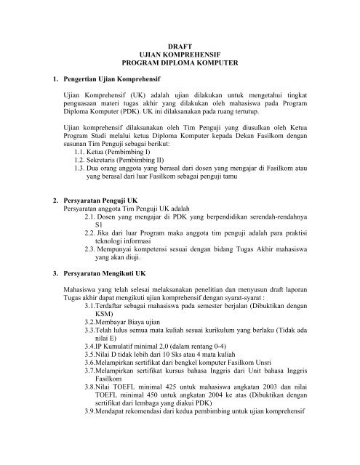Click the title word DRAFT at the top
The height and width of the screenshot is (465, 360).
click(180, 45)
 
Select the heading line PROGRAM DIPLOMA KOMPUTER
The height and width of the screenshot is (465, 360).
click(180, 64)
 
